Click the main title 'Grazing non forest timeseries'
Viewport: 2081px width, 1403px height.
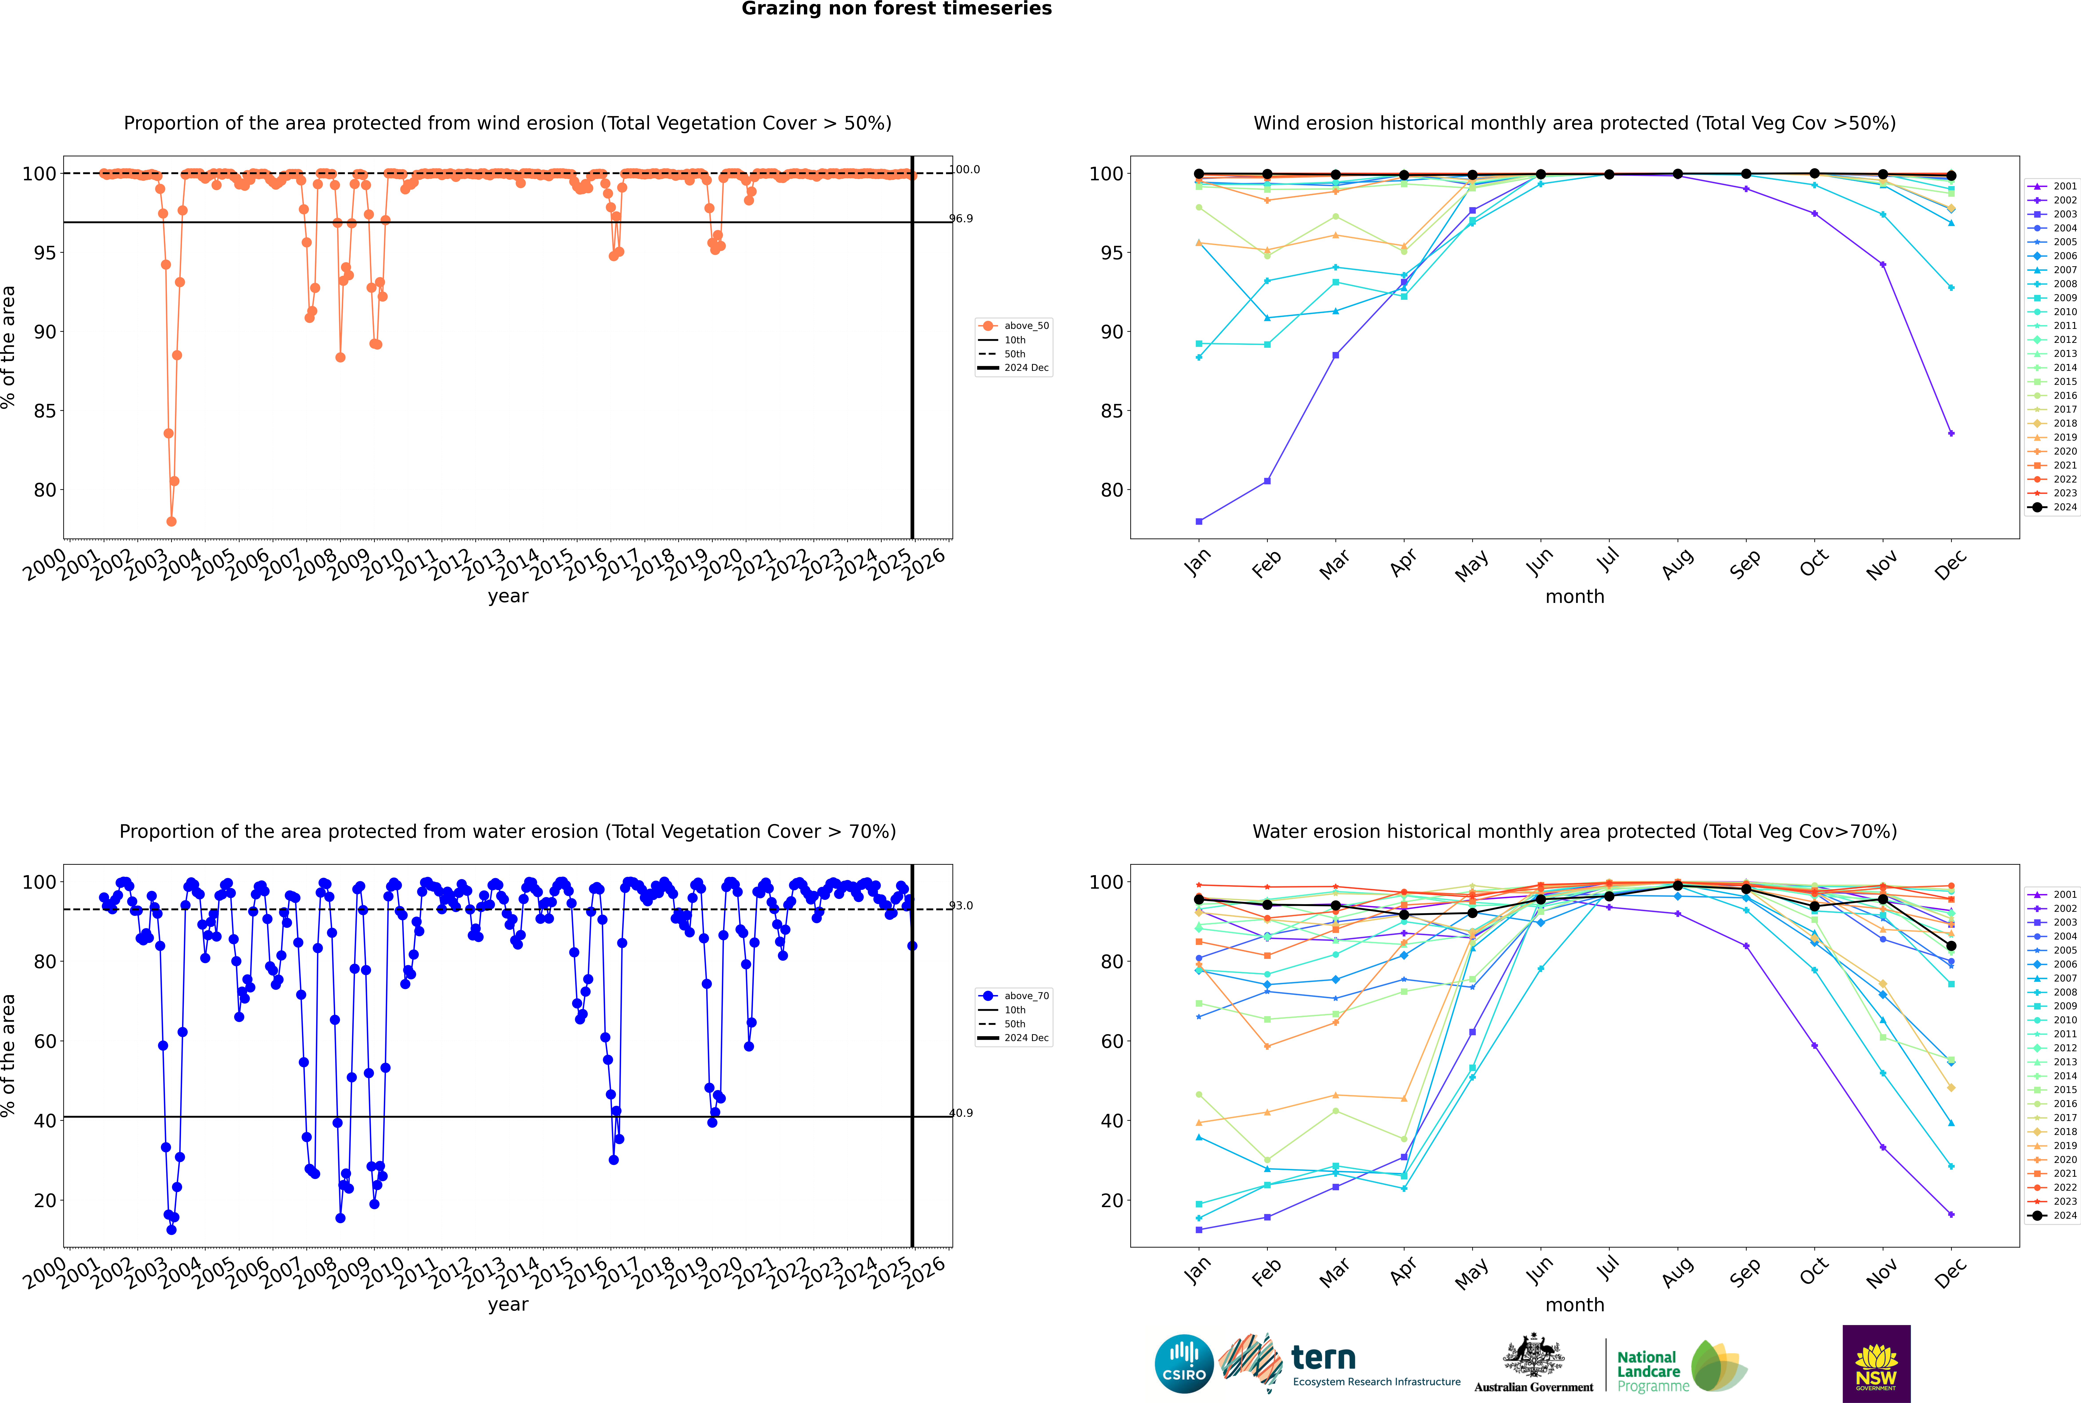[897, 9]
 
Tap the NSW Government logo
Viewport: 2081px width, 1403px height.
[1876, 1363]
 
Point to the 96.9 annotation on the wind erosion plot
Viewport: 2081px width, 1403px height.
[961, 218]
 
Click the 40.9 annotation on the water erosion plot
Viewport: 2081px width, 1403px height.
[961, 1113]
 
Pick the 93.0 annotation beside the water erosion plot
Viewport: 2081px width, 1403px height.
[961, 906]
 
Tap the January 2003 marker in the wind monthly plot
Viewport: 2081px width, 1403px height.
[1199, 522]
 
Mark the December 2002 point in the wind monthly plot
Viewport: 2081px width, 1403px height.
[1951, 433]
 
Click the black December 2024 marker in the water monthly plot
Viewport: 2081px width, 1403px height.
[1951, 946]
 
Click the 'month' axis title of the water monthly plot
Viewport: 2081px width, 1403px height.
[1575, 1305]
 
